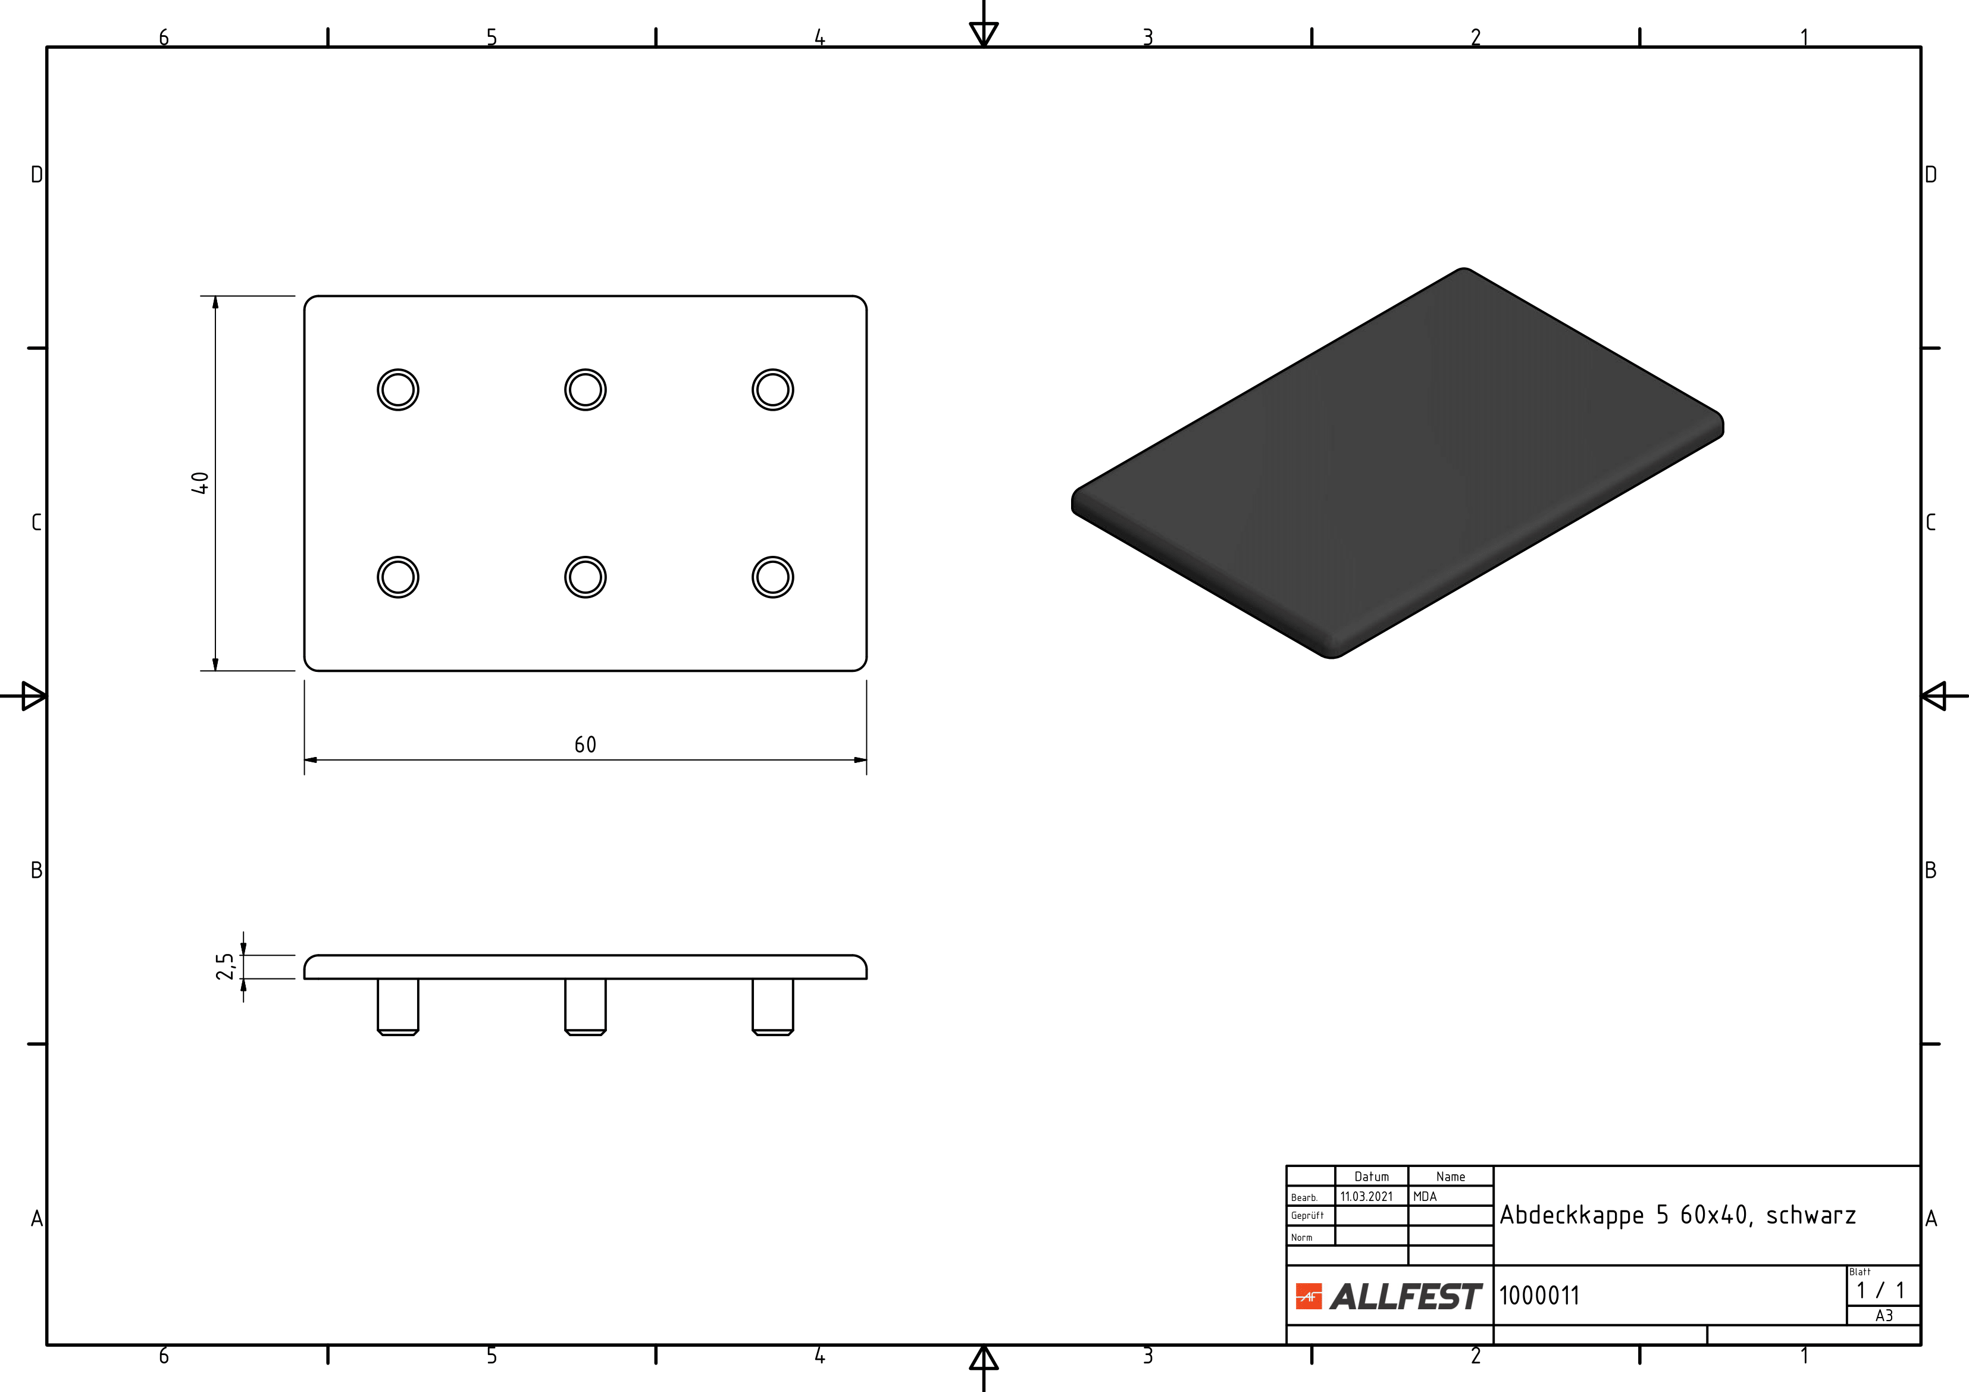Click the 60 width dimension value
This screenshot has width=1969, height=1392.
585,745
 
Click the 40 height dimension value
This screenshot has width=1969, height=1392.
200,483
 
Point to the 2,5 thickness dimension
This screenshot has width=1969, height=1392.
225,966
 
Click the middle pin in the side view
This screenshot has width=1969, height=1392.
586,1007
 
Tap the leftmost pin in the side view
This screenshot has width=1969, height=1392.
398,1007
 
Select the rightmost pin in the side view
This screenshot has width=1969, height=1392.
773,1007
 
